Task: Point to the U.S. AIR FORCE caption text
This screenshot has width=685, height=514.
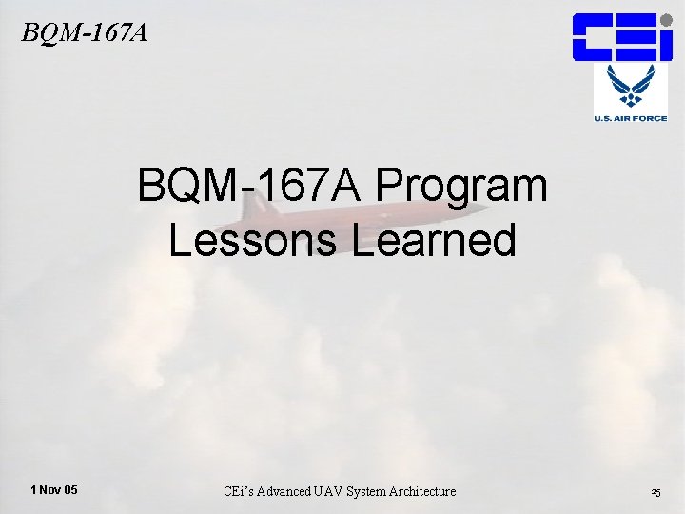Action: [631, 118]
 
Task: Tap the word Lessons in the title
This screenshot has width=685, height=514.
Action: [253, 240]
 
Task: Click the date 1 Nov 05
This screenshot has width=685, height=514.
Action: [54, 490]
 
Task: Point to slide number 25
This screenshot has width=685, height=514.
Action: [656, 492]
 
